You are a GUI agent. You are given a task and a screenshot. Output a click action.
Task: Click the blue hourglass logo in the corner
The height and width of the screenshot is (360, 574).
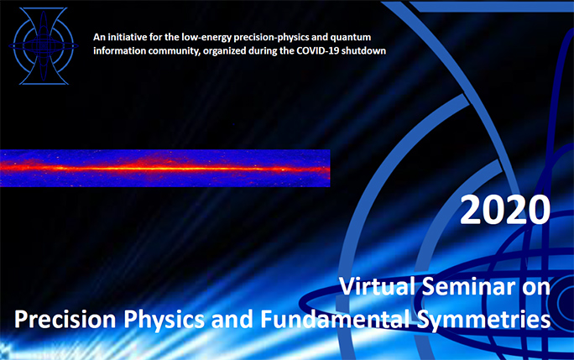[44, 46]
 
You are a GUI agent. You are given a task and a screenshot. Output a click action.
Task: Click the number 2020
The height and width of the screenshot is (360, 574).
[505, 210]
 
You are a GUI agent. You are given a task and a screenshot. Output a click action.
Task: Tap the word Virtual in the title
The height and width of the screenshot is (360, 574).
[378, 286]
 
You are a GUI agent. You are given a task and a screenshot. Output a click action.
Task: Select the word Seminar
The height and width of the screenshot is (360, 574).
[468, 286]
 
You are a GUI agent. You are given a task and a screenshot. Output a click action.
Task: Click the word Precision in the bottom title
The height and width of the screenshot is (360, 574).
[65, 319]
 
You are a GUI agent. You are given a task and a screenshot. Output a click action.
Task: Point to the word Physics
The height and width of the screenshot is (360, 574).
[164, 321]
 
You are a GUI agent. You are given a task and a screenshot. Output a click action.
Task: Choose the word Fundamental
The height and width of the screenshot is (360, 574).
[336, 319]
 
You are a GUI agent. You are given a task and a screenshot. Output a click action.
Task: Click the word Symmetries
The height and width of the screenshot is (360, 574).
[483, 321]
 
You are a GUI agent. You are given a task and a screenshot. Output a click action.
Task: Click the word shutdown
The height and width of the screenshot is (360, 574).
[364, 50]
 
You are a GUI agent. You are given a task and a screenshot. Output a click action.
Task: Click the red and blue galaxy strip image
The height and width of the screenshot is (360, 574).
[165, 168]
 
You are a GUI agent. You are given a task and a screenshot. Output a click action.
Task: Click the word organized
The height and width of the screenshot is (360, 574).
[225, 51]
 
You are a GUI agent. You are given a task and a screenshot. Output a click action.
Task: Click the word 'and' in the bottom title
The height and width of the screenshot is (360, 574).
[232, 319]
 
